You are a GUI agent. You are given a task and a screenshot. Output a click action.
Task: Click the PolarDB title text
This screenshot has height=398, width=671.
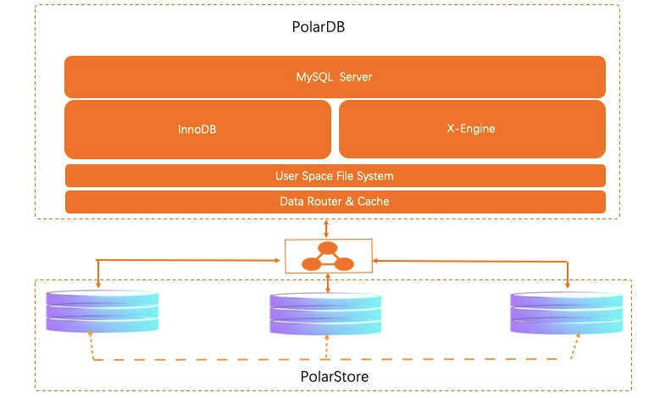318,27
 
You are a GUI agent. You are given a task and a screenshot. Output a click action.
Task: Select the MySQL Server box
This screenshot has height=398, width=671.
335,77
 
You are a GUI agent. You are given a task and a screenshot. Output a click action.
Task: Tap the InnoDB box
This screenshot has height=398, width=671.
197,130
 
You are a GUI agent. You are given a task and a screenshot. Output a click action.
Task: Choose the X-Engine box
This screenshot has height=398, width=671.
471,130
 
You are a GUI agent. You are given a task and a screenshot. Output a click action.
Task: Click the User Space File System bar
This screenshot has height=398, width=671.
335,176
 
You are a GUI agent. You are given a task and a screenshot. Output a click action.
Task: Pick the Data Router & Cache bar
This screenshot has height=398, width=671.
335,202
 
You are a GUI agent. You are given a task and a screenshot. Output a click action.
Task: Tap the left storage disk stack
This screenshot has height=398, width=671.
102,311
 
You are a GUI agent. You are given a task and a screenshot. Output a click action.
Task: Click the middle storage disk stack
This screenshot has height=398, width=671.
326,313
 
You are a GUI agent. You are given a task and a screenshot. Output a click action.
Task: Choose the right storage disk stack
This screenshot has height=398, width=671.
566,311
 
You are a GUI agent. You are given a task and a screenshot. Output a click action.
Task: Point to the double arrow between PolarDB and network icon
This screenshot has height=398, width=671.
326,229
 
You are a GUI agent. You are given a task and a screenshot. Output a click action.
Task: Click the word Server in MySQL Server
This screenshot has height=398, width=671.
356,77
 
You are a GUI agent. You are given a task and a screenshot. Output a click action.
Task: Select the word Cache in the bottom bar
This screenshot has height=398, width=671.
374,202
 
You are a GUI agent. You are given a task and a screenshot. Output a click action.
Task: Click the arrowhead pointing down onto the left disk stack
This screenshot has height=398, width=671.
98,285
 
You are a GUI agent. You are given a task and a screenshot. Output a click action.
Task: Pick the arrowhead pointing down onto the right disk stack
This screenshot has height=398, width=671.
567,285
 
